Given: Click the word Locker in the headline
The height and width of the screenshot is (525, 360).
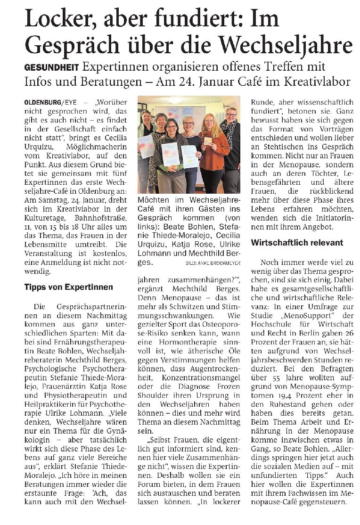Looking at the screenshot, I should coord(60,19).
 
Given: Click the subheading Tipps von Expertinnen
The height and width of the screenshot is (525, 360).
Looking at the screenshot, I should coord(69,287).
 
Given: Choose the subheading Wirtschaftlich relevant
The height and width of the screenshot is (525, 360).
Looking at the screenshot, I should coord(297,243).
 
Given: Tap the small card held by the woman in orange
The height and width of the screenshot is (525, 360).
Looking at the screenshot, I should coord(208,141).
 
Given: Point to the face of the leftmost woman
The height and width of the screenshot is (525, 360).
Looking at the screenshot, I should coord(146,116).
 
